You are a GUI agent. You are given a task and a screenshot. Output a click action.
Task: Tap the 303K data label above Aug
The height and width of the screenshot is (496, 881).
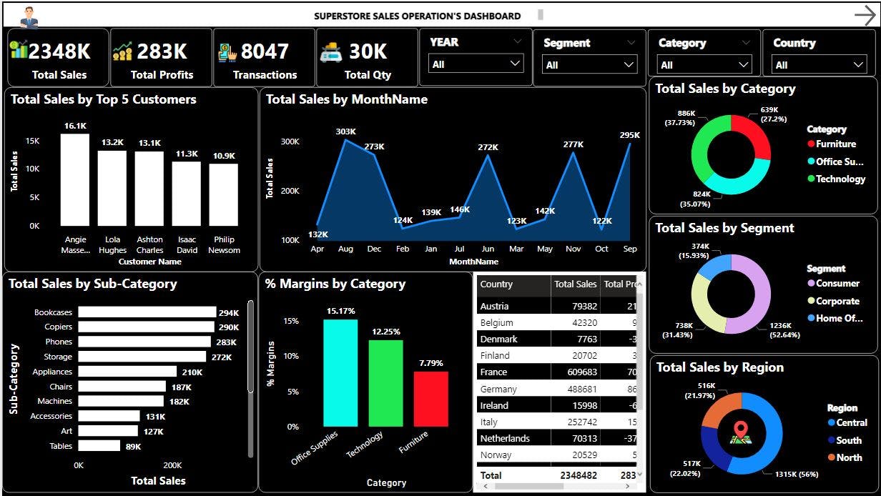coord(345,132)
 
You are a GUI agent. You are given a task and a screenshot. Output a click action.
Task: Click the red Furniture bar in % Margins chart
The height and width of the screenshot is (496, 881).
coord(430,399)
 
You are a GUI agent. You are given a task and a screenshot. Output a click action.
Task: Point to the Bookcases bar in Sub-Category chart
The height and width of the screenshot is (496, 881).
coord(147,312)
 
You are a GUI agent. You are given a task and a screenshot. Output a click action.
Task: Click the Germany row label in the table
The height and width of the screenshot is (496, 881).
coord(498,389)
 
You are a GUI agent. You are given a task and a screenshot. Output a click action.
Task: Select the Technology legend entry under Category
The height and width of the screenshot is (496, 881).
coord(840,179)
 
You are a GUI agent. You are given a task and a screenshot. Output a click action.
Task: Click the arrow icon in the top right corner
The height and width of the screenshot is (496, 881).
coord(865,15)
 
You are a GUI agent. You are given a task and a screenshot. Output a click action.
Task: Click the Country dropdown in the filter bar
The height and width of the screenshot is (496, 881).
coord(820,64)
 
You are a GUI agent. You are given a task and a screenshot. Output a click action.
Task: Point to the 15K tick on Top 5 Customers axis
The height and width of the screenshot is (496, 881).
coord(32,141)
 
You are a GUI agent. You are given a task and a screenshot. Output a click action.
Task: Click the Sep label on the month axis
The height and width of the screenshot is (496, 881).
coord(630,249)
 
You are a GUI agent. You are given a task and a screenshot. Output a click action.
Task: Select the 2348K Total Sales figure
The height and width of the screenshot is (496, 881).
coord(59,51)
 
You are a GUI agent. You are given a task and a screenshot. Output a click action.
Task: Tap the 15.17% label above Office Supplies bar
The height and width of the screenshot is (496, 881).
coord(340,311)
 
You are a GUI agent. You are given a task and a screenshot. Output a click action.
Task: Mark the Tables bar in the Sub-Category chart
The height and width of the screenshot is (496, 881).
coord(99,446)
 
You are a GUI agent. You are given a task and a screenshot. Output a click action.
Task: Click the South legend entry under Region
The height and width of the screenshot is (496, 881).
coord(848,440)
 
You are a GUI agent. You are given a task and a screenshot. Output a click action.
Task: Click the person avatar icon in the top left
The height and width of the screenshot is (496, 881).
coord(29,16)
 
